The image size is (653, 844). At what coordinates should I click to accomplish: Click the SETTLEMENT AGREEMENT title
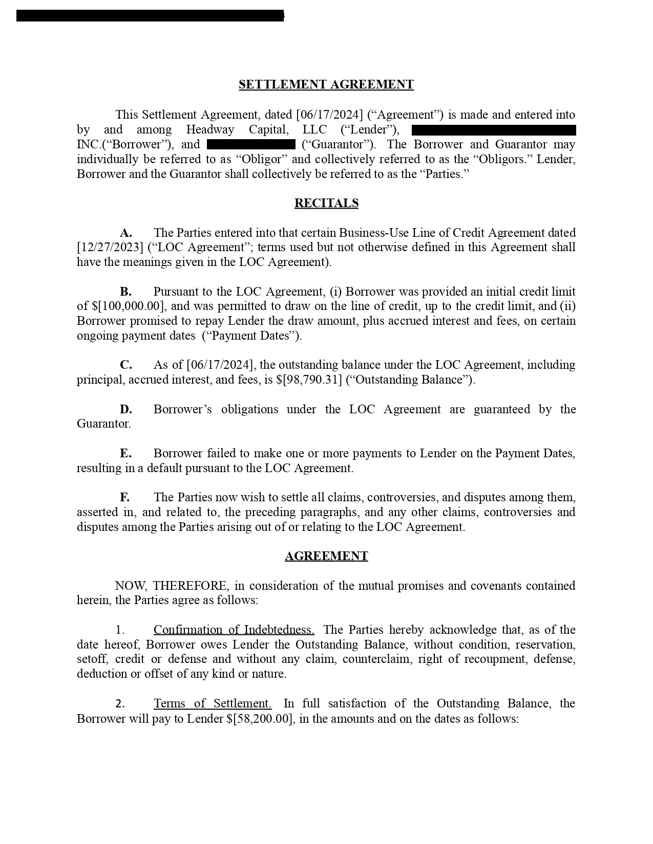click(x=326, y=85)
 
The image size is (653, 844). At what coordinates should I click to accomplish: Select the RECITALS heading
click(x=326, y=204)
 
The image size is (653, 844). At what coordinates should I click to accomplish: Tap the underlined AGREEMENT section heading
click(x=326, y=557)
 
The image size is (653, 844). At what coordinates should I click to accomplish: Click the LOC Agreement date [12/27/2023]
click(x=110, y=248)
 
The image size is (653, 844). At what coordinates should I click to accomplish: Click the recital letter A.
click(x=126, y=233)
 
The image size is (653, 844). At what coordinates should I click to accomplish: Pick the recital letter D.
click(x=126, y=410)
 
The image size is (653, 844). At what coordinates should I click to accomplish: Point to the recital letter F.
click(x=124, y=498)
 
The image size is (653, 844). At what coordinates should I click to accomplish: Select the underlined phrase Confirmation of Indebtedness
click(x=234, y=630)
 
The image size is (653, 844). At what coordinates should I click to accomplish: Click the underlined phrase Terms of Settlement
click(x=213, y=704)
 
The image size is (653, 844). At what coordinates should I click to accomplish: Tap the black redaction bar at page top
click(x=150, y=16)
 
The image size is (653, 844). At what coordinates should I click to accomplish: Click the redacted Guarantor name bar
click(x=251, y=145)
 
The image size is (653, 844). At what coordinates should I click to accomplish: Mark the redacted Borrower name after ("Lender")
click(x=494, y=130)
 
